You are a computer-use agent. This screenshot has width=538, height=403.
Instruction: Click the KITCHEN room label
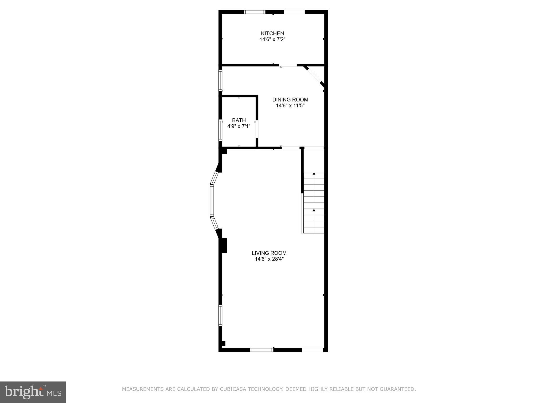pyautogui.click(x=272, y=33)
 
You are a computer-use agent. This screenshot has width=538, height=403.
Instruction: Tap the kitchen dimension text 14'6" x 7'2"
pyautogui.click(x=272, y=40)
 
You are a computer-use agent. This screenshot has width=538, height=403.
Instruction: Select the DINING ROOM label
pyautogui.click(x=290, y=100)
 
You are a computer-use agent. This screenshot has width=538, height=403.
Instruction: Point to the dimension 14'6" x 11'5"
pyautogui.click(x=290, y=106)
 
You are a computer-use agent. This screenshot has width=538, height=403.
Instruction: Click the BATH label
pyautogui.click(x=239, y=120)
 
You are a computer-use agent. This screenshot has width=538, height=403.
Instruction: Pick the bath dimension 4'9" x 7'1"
pyautogui.click(x=239, y=126)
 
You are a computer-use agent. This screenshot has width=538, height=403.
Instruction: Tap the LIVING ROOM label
pyautogui.click(x=269, y=253)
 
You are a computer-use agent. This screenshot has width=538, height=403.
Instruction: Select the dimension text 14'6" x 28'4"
pyautogui.click(x=269, y=259)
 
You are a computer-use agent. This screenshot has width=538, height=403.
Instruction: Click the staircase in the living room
pyautogui.click(x=314, y=202)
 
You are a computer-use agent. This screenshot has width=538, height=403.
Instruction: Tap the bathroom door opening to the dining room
pyautogui.click(x=257, y=129)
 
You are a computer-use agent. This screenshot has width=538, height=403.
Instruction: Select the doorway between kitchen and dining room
pyautogui.click(x=288, y=65)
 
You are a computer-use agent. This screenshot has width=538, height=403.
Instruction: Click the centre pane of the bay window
pyautogui.click(x=211, y=201)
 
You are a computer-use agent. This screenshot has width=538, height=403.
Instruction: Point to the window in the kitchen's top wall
pyautogui.click(x=255, y=12)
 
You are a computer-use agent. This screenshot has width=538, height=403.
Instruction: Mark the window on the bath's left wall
pyautogui.click(x=221, y=130)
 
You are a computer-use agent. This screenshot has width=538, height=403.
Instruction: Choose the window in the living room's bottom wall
pyautogui.click(x=262, y=350)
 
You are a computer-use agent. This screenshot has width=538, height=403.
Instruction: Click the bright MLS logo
pyautogui.click(x=33, y=392)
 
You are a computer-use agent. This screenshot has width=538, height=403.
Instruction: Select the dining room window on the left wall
pyautogui.click(x=221, y=80)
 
